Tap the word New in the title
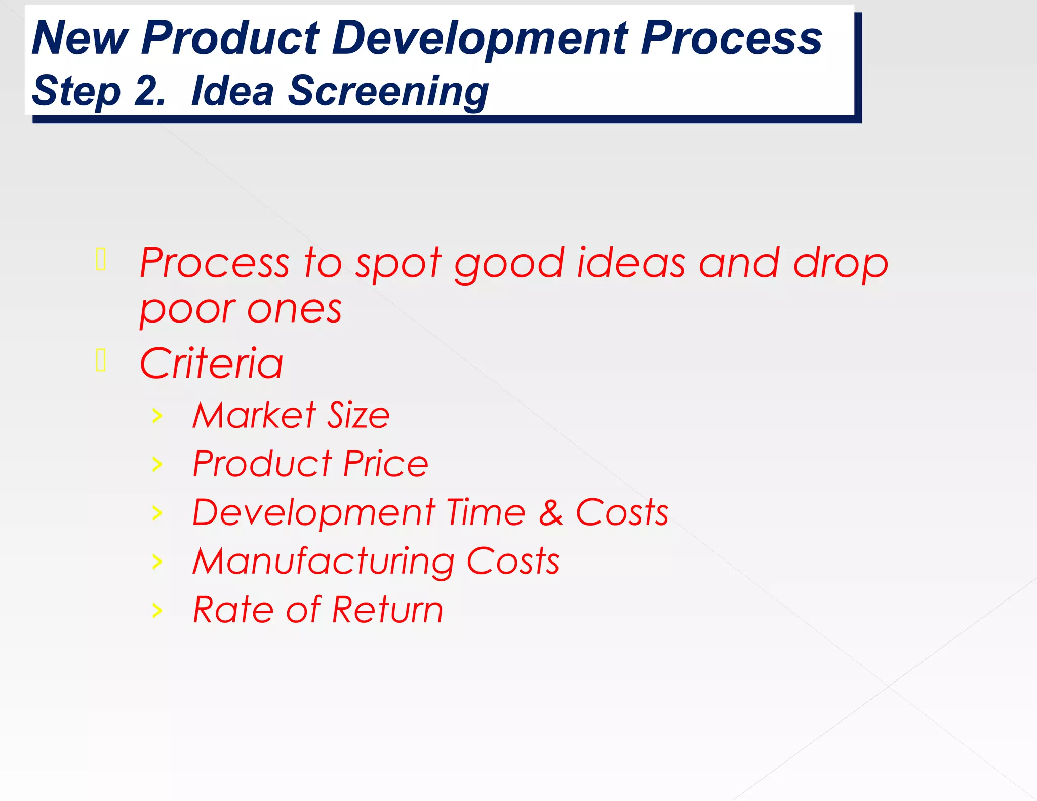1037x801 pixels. click(x=80, y=38)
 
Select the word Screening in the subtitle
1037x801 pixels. click(x=388, y=92)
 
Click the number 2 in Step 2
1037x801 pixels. click(x=149, y=91)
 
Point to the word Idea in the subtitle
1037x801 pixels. click(x=232, y=91)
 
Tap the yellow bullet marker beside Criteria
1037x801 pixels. click(x=101, y=360)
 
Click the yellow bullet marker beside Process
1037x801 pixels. click(x=101, y=259)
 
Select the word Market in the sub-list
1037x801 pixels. click(x=254, y=415)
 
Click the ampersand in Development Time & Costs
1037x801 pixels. click(x=550, y=512)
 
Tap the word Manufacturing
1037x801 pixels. click(x=324, y=562)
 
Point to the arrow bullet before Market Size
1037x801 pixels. click(x=157, y=416)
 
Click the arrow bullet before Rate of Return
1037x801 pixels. click(x=157, y=611)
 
